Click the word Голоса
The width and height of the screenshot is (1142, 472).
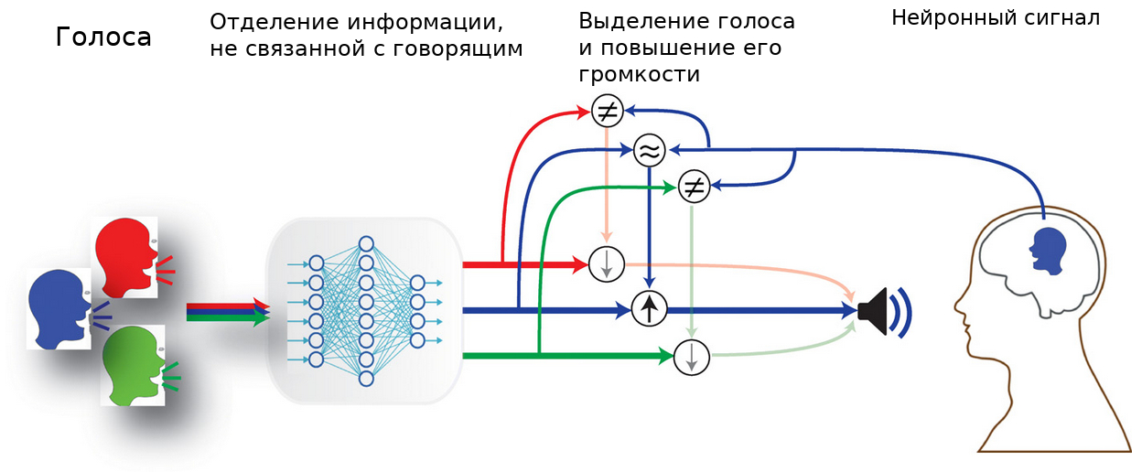(102, 38)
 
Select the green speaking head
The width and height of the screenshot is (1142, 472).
(133, 366)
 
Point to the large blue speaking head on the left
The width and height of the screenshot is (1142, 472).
(58, 307)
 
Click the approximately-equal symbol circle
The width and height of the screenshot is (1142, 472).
(649, 149)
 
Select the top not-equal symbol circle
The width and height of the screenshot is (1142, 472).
(607, 112)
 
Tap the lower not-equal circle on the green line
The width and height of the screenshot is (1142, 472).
(694, 188)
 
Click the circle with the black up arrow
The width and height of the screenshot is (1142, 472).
(648, 309)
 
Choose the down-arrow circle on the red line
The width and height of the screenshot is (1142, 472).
(606, 264)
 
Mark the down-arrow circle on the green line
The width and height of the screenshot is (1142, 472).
(692, 356)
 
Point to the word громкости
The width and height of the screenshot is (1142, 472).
(640, 75)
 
